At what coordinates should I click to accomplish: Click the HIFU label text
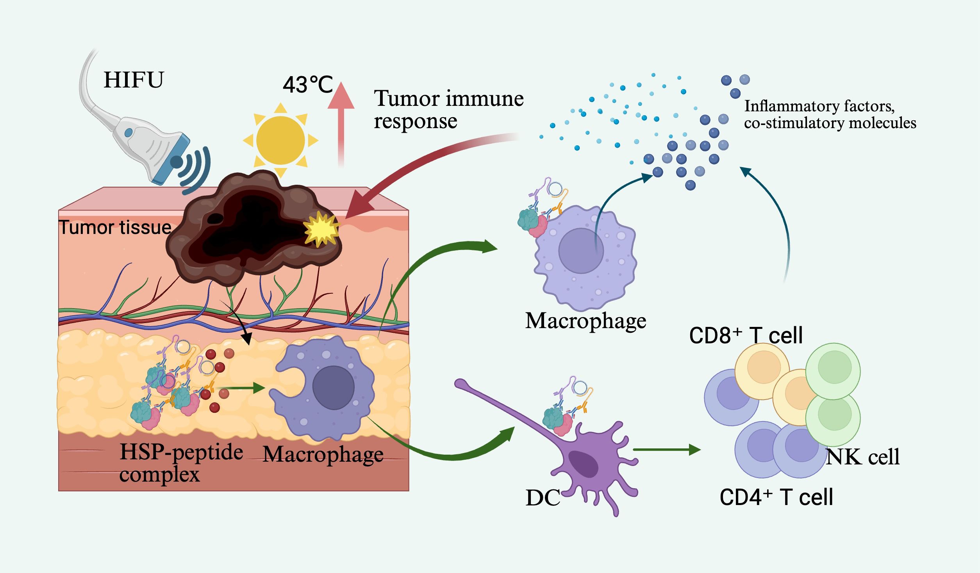(134, 80)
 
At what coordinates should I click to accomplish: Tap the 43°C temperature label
(307, 84)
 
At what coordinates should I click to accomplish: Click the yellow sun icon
(280, 140)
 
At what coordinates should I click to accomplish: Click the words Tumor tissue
(115, 227)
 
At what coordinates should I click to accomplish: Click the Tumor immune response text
(448, 109)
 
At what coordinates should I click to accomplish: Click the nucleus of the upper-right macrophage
(581, 250)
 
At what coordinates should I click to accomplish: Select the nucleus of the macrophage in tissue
(333, 387)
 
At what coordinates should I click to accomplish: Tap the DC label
(543, 498)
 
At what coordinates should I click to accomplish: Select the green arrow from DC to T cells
(666, 450)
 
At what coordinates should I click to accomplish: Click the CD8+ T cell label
(746, 336)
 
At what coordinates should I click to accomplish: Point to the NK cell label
(862, 457)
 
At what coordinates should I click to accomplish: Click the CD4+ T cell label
(776, 497)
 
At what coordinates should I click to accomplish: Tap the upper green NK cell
(834, 368)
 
